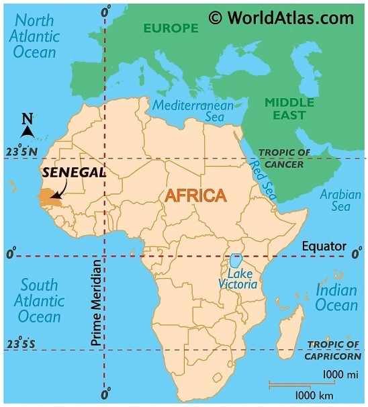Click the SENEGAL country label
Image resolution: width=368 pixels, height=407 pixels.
point(73,173)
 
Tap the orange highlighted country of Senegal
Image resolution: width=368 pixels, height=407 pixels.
point(46,196)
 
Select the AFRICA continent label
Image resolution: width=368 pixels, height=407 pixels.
point(196,195)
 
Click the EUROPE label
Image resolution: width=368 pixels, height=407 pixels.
point(170,28)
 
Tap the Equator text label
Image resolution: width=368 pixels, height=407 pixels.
point(323,246)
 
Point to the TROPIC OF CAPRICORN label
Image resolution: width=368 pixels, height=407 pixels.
point(334,351)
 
